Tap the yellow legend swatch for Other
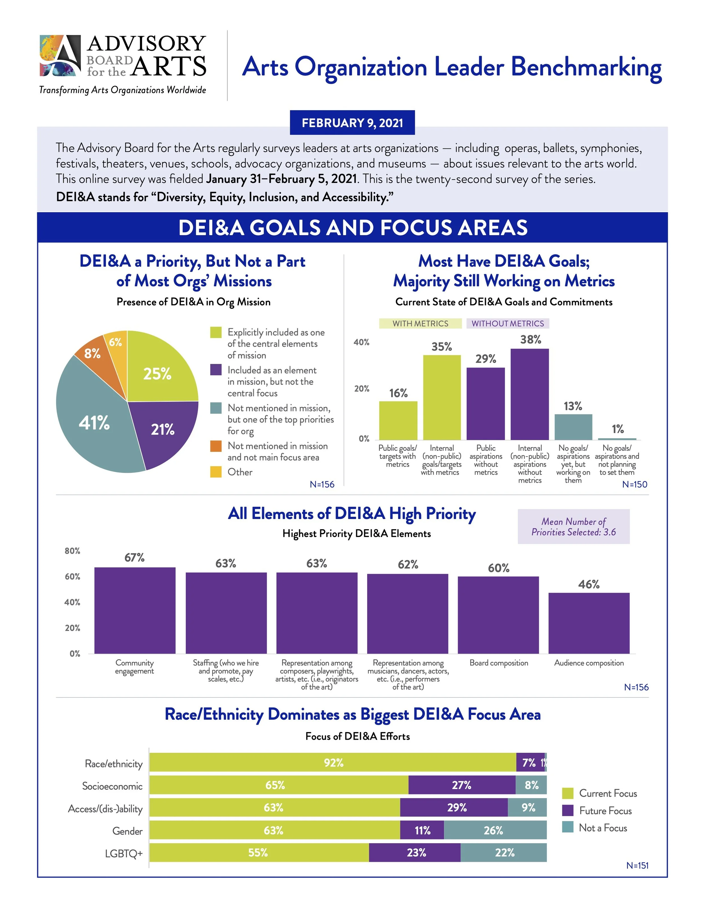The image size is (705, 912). pos(215,472)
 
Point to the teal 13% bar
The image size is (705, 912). pos(573,427)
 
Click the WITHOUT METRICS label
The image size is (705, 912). pos(507,324)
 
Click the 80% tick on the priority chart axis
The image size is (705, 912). pos(72,551)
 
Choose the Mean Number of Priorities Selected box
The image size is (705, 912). pos(573,527)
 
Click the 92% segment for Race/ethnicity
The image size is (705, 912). pos(333,763)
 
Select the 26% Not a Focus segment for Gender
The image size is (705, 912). pos(495,830)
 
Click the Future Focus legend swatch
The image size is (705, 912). pos(568,811)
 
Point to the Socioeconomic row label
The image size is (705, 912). pos(112,786)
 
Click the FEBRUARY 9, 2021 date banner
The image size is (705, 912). pos(352,123)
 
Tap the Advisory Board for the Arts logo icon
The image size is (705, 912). pos(60,56)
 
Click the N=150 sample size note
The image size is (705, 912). pos(634,484)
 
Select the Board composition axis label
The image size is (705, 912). pos(499,663)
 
